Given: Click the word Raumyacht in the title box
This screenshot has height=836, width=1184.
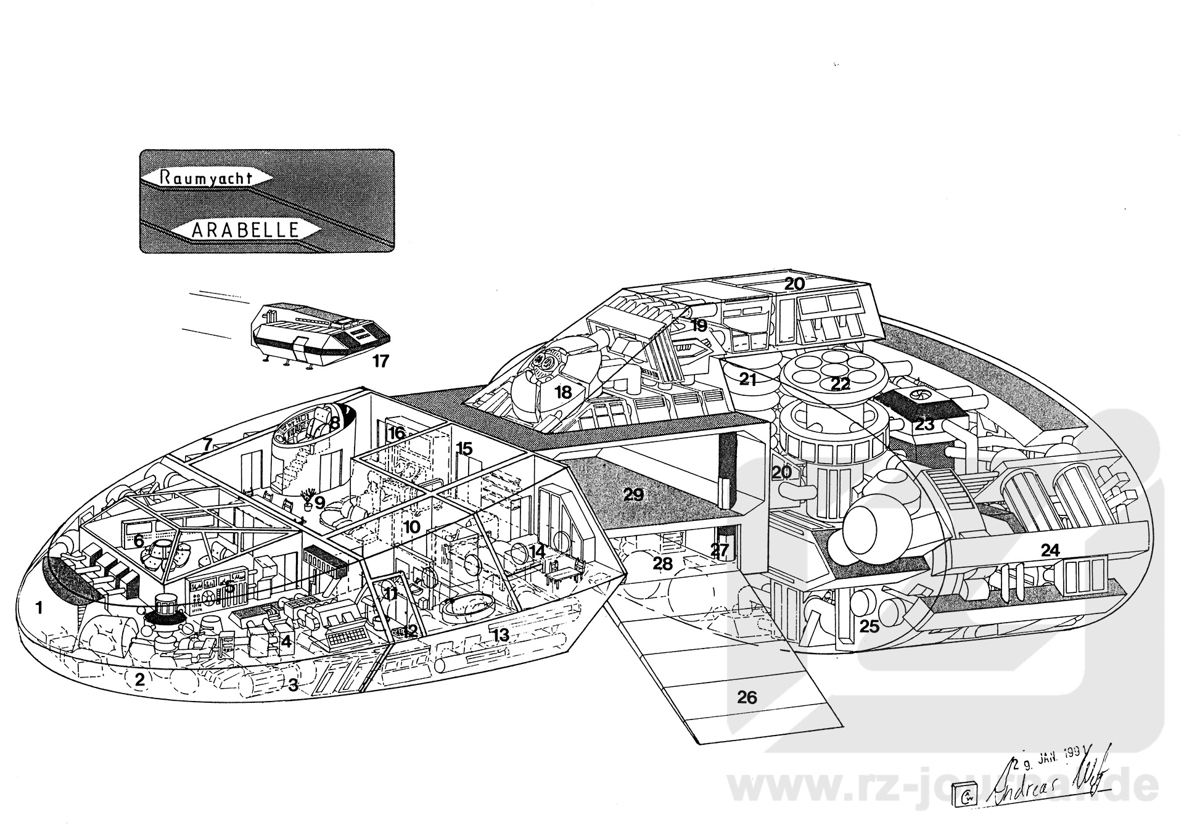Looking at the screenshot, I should coord(207,176).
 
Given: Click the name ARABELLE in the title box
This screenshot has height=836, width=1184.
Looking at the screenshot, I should coord(245,230).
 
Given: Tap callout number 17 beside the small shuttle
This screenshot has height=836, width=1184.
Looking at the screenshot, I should coord(381,361).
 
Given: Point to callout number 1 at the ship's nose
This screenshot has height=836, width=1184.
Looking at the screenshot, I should coord(39,609).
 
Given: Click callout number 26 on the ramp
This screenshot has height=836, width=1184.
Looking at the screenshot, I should coord(747,697).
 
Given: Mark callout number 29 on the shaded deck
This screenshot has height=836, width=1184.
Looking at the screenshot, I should coord(633,494).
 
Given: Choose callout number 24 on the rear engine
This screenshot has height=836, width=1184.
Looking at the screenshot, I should coord(1050,550).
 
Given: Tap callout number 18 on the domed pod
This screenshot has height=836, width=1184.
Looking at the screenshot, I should coord(563,392).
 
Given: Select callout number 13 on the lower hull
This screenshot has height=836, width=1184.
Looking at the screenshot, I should coord(501,634).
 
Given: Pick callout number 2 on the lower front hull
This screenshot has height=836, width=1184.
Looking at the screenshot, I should coord(140,680).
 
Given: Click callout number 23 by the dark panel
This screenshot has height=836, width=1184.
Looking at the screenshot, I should coord(924,424).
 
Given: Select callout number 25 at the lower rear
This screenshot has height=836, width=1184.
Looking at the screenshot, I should coord(869,626).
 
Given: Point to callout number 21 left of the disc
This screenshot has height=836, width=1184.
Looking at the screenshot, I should coord(747,380).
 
